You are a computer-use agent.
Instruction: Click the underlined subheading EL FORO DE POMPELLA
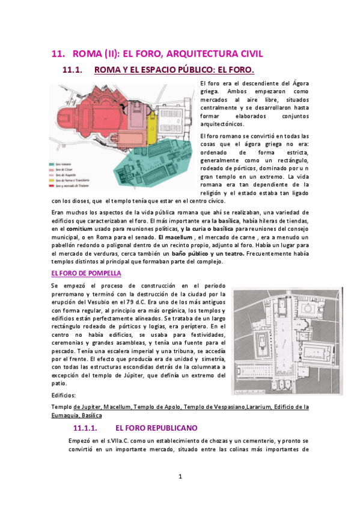point(86,273)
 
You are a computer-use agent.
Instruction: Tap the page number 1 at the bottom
point(180,477)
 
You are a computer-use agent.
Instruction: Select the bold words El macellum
point(175,237)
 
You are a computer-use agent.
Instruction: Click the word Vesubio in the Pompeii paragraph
point(97,301)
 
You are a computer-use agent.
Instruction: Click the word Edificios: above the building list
point(64,396)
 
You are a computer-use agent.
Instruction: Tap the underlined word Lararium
point(263,407)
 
